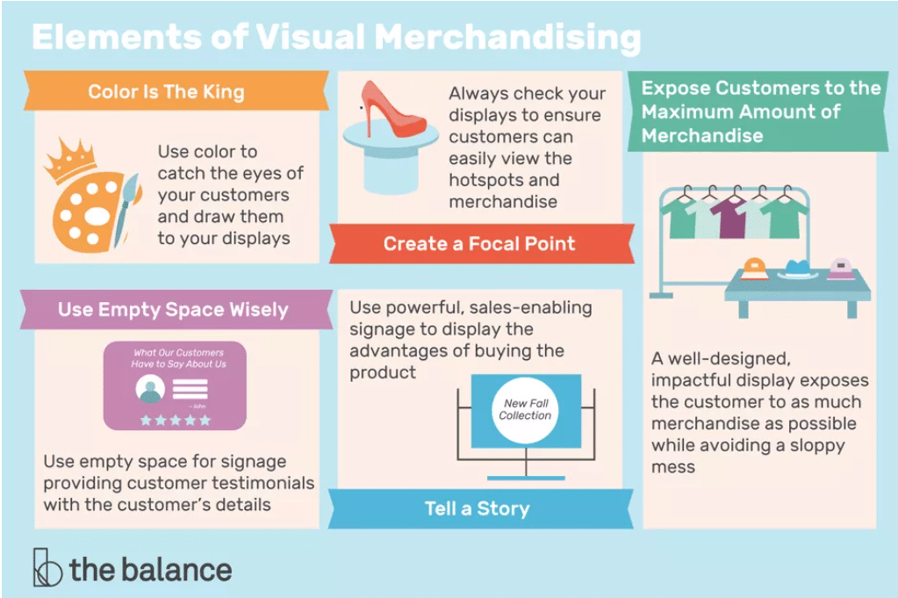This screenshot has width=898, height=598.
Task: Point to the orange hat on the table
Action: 756,267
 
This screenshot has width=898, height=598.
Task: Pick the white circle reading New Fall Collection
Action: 525,410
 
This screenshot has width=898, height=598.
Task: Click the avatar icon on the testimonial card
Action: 151,389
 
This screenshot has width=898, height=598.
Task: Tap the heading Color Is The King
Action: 166,91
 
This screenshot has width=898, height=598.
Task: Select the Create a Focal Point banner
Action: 479,243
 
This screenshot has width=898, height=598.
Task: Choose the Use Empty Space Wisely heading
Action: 173,309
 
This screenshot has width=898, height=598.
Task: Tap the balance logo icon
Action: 47,568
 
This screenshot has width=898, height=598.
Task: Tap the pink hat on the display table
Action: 840,267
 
